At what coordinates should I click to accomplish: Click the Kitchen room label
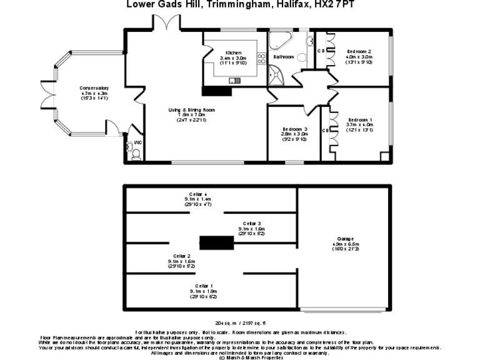coord(234,52)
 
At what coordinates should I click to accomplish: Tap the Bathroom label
coord(283,57)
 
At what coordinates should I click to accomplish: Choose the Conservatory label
coord(94,88)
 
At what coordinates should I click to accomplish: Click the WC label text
coord(137,143)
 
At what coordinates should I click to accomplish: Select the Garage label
coord(345,239)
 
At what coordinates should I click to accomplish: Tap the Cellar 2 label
coord(181,256)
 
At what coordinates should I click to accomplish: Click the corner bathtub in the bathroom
coord(279,41)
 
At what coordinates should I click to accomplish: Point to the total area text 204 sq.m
coord(224,323)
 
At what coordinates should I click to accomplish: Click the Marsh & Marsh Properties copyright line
coord(239,358)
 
